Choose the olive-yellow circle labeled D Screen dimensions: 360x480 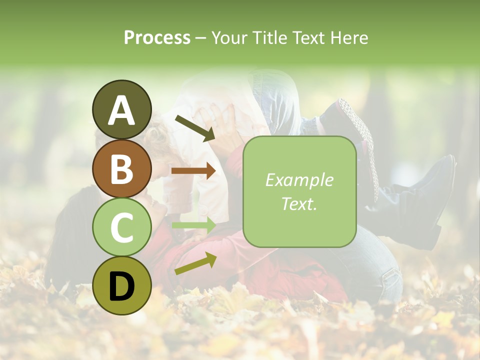[121, 285]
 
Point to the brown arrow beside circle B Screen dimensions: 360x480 [193, 171]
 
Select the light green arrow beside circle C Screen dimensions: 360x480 [193, 225]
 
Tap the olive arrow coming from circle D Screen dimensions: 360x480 [195, 263]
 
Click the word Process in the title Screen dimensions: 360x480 [157, 37]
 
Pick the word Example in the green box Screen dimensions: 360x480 [299, 180]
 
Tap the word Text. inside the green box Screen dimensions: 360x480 [299, 203]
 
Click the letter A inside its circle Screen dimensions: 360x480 [121, 110]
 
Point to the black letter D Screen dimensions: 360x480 [121, 286]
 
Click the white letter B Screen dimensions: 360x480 [121, 169]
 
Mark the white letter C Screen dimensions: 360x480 [121, 227]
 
